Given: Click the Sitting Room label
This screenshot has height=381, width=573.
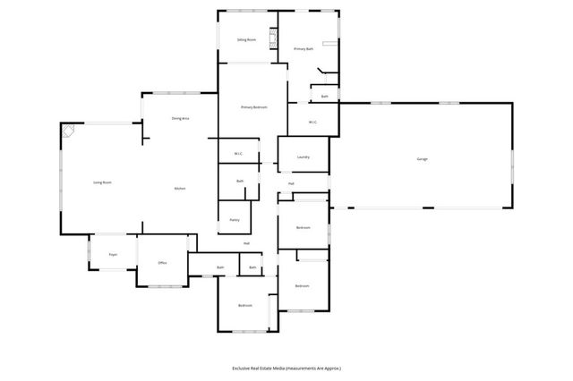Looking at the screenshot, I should (x=247, y=40).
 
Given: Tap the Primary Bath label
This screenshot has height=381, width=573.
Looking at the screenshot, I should (x=304, y=48).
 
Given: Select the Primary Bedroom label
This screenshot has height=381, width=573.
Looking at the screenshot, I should (x=254, y=107).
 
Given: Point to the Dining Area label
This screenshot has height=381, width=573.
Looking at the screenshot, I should (x=180, y=119).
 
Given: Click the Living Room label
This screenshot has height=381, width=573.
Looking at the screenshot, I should (x=102, y=182).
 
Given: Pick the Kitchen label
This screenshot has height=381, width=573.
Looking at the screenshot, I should (x=179, y=189).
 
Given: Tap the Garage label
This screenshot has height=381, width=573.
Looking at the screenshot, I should (x=422, y=159).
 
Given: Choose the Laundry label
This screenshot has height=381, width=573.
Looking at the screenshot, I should (x=304, y=157).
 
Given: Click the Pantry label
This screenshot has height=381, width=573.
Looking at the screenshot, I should (x=234, y=219).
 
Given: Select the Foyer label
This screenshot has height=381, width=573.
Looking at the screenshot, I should (x=113, y=255).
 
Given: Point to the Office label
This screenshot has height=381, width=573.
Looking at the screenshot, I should (x=162, y=263).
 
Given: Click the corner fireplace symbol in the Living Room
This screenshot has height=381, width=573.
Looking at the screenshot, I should (x=68, y=131).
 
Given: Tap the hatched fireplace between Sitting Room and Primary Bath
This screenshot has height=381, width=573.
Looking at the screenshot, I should (x=275, y=39).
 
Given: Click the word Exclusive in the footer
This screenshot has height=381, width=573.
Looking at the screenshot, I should (x=241, y=368).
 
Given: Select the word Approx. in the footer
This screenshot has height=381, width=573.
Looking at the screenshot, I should (x=331, y=368).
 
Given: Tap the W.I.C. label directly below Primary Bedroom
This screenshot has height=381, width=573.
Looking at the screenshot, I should (x=239, y=154).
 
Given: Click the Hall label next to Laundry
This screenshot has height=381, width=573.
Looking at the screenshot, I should (x=291, y=184).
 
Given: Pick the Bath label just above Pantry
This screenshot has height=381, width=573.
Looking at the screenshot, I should (x=240, y=182).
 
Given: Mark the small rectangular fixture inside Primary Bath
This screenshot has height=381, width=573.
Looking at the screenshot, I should (x=331, y=42).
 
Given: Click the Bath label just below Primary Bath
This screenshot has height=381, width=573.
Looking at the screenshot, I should (x=325, y=96).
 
